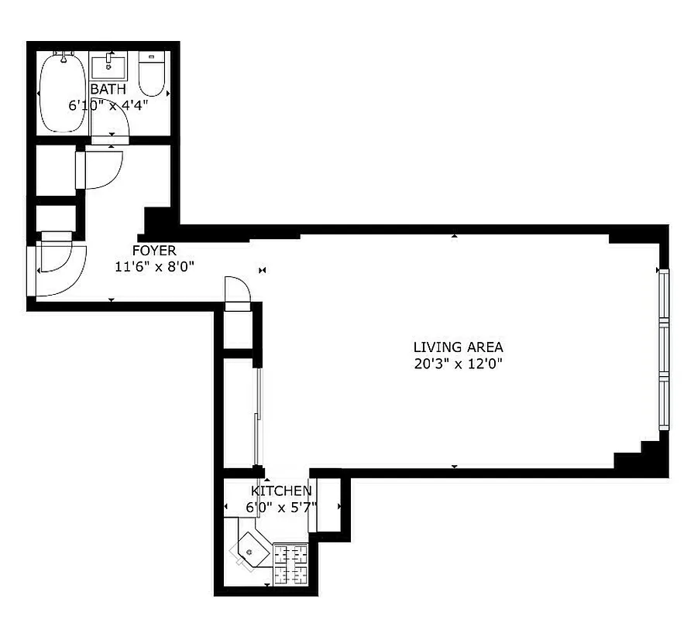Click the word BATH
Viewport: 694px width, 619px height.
coord(108,90)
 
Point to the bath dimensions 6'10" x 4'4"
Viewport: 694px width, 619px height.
coord(108,105)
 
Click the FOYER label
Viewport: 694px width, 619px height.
coord(154,251)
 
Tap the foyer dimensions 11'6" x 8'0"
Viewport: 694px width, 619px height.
coord(154,266)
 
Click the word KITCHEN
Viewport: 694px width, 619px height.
coord(281,491)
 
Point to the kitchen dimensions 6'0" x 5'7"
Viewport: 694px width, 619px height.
coord(281,508)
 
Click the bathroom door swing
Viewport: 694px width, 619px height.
coord(112,139)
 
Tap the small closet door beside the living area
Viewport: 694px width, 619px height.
coord(238,292)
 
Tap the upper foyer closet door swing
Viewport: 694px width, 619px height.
coord(101,169)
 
